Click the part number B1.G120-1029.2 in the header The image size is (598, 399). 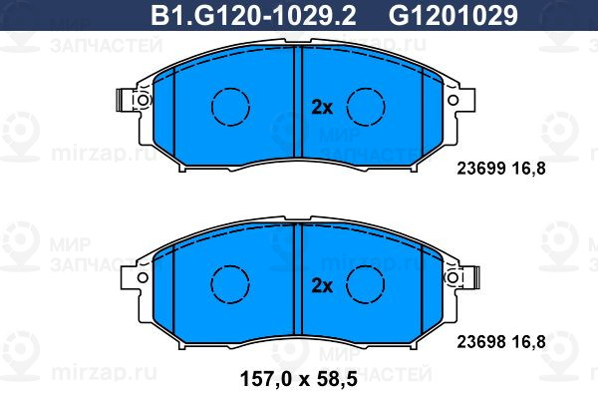(253, 16)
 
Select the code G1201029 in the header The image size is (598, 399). (453, 16)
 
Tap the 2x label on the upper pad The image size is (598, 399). (322, 108)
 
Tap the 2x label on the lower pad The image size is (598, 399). (322, 285)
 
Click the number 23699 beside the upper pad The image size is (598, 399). (481, 168)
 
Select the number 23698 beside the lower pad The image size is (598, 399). (481, 342)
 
